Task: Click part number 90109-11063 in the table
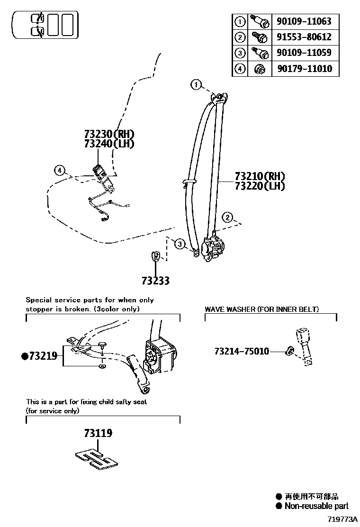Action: coord(304,21)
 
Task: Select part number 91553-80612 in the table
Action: coord(304,37)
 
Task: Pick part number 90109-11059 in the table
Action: coord(304,53)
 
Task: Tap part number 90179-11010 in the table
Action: coord(304,69)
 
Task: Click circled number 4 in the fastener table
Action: coord(240,69)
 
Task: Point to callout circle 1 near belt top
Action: coord(196,85)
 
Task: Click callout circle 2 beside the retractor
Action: coord(228,218)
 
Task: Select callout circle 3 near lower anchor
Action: coord(179,244)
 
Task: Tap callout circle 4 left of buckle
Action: coord(59,170)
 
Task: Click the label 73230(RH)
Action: coord(109,134)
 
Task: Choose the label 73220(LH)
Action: coord(260,186)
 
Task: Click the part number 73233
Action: coord(155,281)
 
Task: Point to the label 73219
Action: coord(43,356)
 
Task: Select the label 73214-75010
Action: coord(242,351)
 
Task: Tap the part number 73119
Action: coord(98,433)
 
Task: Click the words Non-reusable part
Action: coord(316,506)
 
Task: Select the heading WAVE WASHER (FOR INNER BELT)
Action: coord(261,309)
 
